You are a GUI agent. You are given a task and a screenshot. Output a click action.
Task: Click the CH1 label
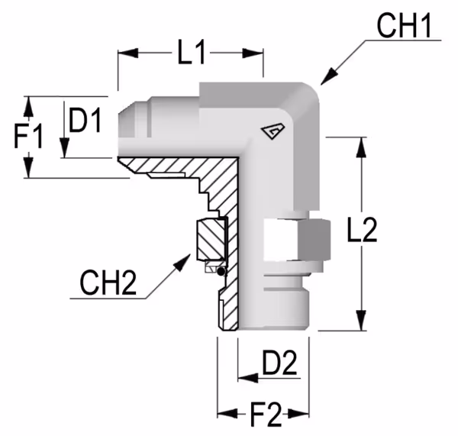pos(404,26)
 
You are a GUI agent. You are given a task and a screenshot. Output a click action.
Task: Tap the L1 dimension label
pos(192,53)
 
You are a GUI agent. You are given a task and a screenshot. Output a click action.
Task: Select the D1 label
pos(85,120)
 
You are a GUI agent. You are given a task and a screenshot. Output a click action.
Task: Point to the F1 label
pos(28,136)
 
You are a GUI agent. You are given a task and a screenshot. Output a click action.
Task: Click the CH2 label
pos(108,283)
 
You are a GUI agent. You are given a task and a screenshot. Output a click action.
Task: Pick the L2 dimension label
pos(362,229)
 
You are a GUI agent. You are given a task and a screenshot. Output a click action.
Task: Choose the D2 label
pos(279,363)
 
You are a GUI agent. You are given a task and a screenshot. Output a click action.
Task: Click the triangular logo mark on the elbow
pos(273,131)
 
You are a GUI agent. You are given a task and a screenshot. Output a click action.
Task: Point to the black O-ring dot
pos(221,272)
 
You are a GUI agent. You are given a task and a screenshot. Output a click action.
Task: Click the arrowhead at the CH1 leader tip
pos(328,77)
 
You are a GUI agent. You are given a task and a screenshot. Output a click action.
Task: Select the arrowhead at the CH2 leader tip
pos(183,262)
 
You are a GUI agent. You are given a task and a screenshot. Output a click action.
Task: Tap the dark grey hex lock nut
pos(314,240)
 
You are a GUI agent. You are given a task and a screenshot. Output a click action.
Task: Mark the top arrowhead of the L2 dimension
pos(362,147)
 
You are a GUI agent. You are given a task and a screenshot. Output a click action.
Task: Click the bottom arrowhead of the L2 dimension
pos(362,321)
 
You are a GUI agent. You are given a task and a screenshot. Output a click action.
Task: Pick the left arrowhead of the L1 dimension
pos(128,53)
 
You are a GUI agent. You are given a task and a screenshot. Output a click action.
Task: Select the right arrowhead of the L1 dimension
pos(253,53)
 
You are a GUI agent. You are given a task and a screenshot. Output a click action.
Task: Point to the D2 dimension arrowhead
pos(248,378)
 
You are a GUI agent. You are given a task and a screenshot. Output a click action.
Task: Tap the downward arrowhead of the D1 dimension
pos(65,148)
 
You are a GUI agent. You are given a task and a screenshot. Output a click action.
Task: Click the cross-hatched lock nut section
pos(211,240)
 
